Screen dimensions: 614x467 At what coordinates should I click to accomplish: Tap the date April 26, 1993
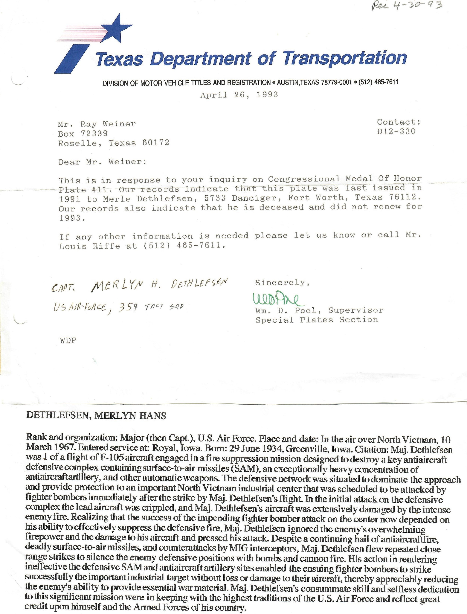[x=239, y=95]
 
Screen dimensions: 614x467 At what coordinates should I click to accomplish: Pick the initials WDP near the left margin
[x=68, y=340]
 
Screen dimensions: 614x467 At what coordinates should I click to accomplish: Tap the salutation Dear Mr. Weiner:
[x=102, y=162]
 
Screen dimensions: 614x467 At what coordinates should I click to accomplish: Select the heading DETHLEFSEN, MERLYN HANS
[x=96, y=416]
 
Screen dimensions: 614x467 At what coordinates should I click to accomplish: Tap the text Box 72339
[x=83, y=134]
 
